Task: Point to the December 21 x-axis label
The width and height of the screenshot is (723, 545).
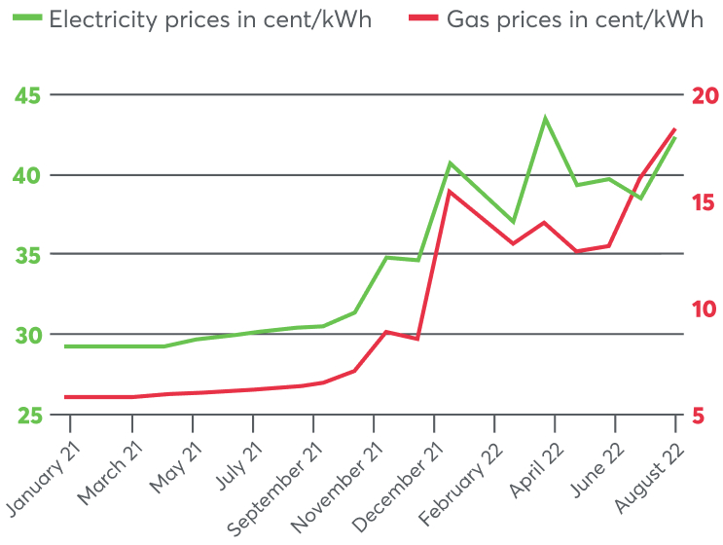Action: tap(394, 482)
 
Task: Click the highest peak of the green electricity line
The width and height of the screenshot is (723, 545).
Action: tap(545, 119)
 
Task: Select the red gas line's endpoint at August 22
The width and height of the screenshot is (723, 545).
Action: tap(674, 129)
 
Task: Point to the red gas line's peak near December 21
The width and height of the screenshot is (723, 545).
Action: tap(450, 191)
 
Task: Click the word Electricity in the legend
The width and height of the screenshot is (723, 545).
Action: tap(101, 20)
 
